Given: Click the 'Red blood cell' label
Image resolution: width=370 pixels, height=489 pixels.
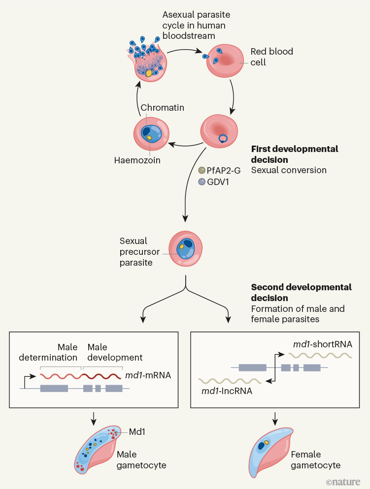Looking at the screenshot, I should tap(266, 57).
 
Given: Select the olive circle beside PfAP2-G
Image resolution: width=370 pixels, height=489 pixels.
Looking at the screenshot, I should tap(201, 170).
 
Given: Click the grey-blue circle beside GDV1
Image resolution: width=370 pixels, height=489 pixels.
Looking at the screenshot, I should tap(201, 182).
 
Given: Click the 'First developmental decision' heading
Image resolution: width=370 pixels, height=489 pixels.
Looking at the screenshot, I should tap(295, 154).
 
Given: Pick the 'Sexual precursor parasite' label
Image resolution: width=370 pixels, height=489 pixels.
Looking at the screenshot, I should tap(136, 251).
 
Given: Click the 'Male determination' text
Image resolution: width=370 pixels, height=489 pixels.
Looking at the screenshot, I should tap(48, 352).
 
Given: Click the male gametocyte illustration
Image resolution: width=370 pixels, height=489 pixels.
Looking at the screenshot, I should tap(101, 450).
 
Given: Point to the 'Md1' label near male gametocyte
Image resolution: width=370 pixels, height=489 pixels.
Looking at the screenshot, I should tap(137, 431).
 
